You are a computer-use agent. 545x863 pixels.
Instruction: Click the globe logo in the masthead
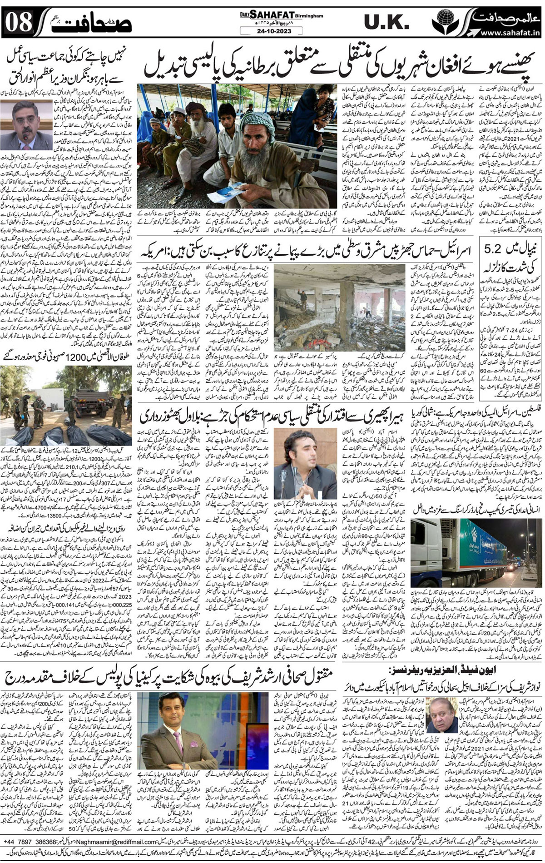click(x=443, y=20)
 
